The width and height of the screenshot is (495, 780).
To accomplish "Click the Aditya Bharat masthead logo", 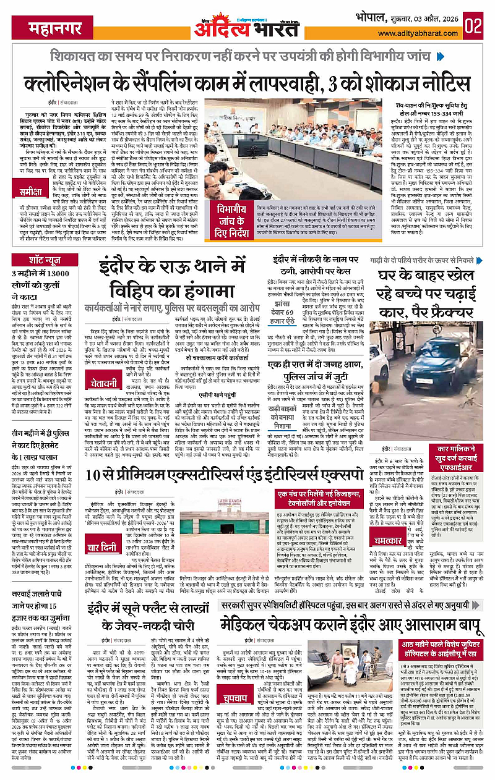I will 247,25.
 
